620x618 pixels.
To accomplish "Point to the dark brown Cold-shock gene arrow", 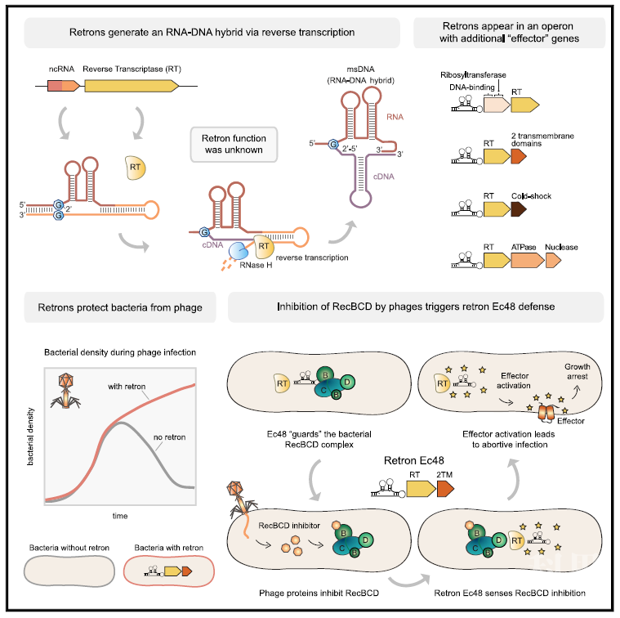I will click(x=517, y=210).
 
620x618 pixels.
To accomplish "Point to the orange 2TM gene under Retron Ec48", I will click(x=446, y=489).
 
